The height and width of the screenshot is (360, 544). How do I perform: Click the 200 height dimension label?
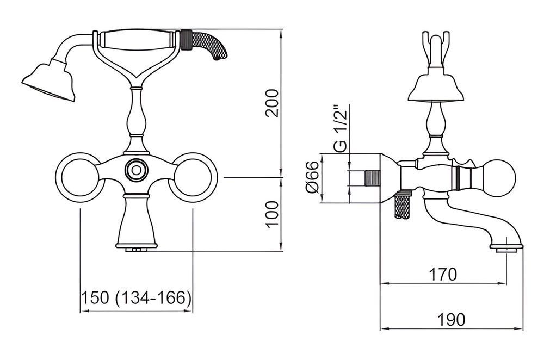click(272, 103)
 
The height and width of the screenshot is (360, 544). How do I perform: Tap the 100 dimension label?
click(273, 214)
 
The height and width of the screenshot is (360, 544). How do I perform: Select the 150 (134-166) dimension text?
click(136, 297)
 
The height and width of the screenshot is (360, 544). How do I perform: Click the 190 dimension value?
click(451, 319)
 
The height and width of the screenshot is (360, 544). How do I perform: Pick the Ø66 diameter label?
click(312, 177)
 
